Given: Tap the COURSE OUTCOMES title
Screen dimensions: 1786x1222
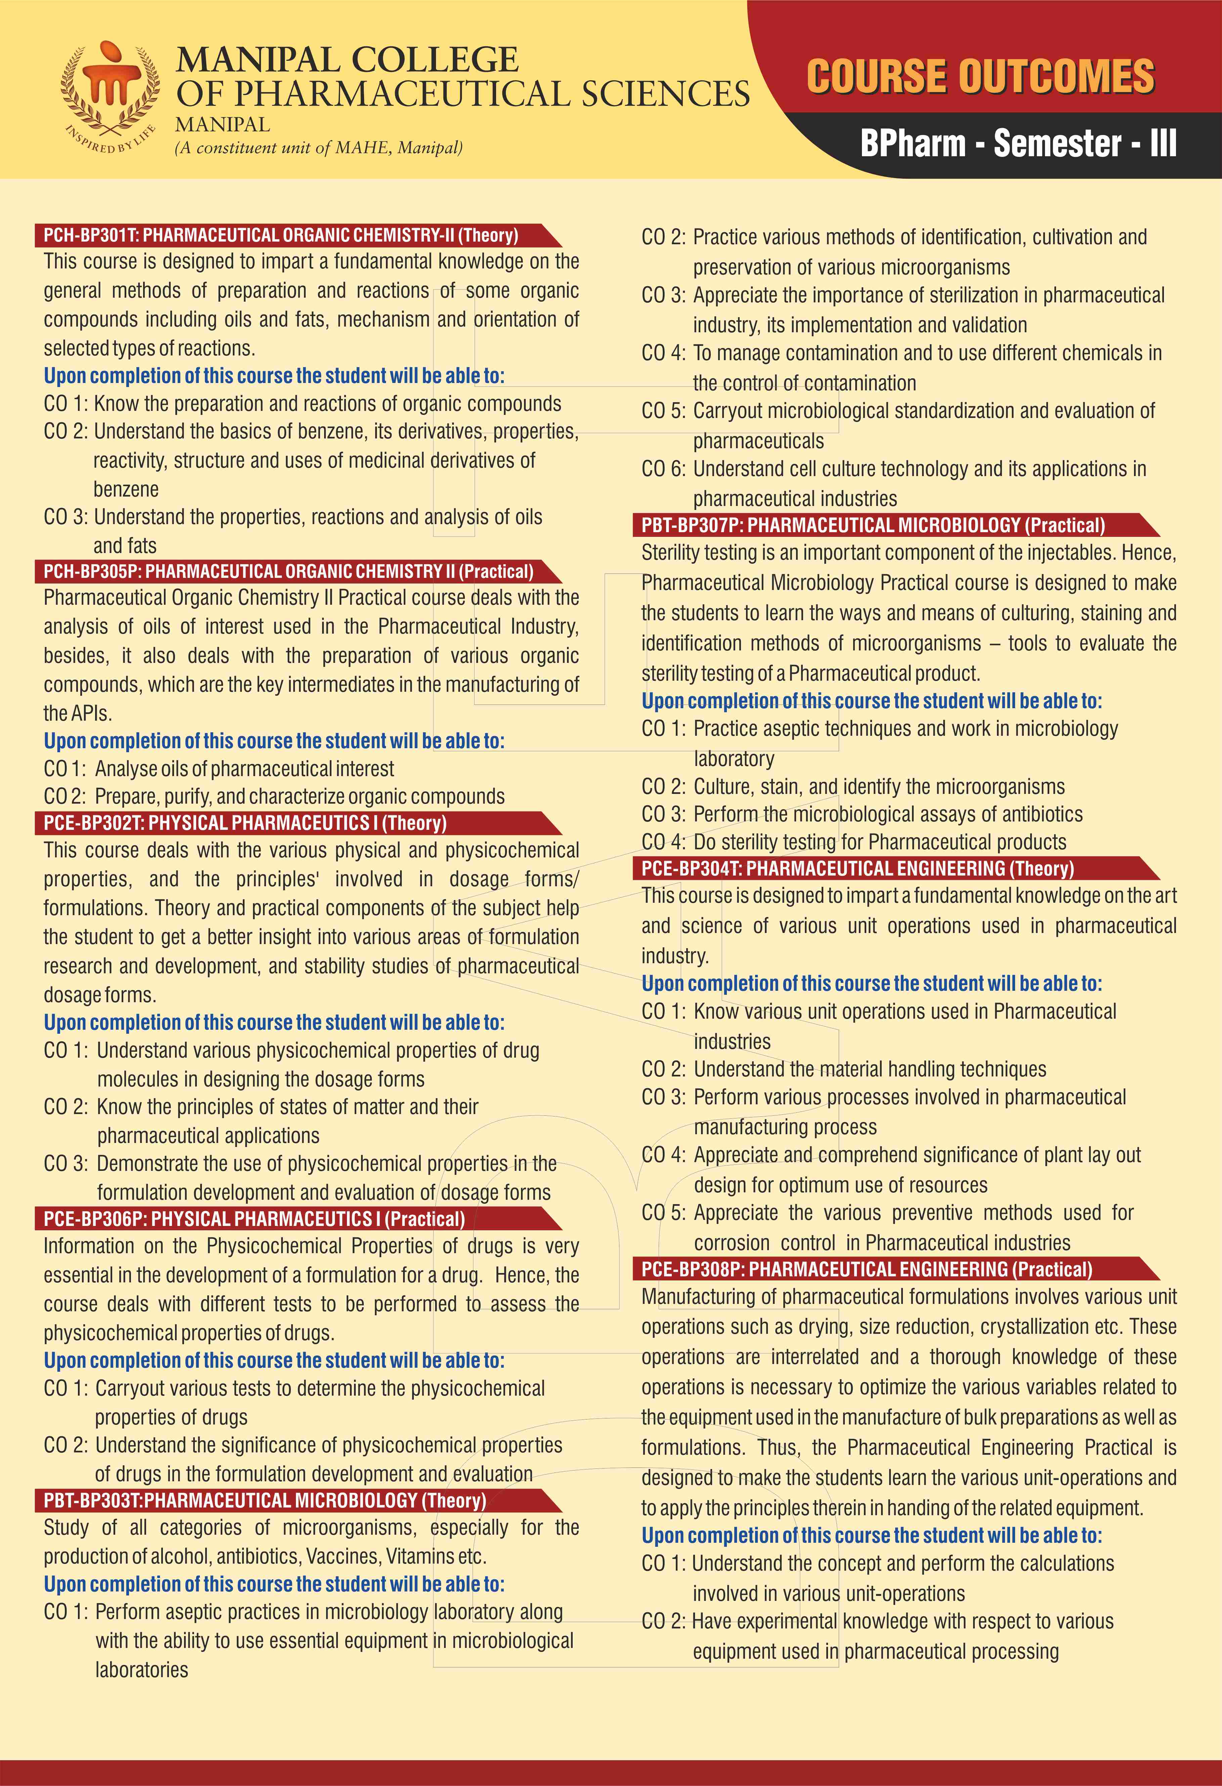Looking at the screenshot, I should (x=980, y=77).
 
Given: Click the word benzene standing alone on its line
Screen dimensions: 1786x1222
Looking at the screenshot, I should (x=126, y=490).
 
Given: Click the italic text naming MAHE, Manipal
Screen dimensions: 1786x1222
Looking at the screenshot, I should (x=319, y=147).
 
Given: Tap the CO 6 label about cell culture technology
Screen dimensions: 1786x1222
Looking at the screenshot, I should (x=662, y=469).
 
